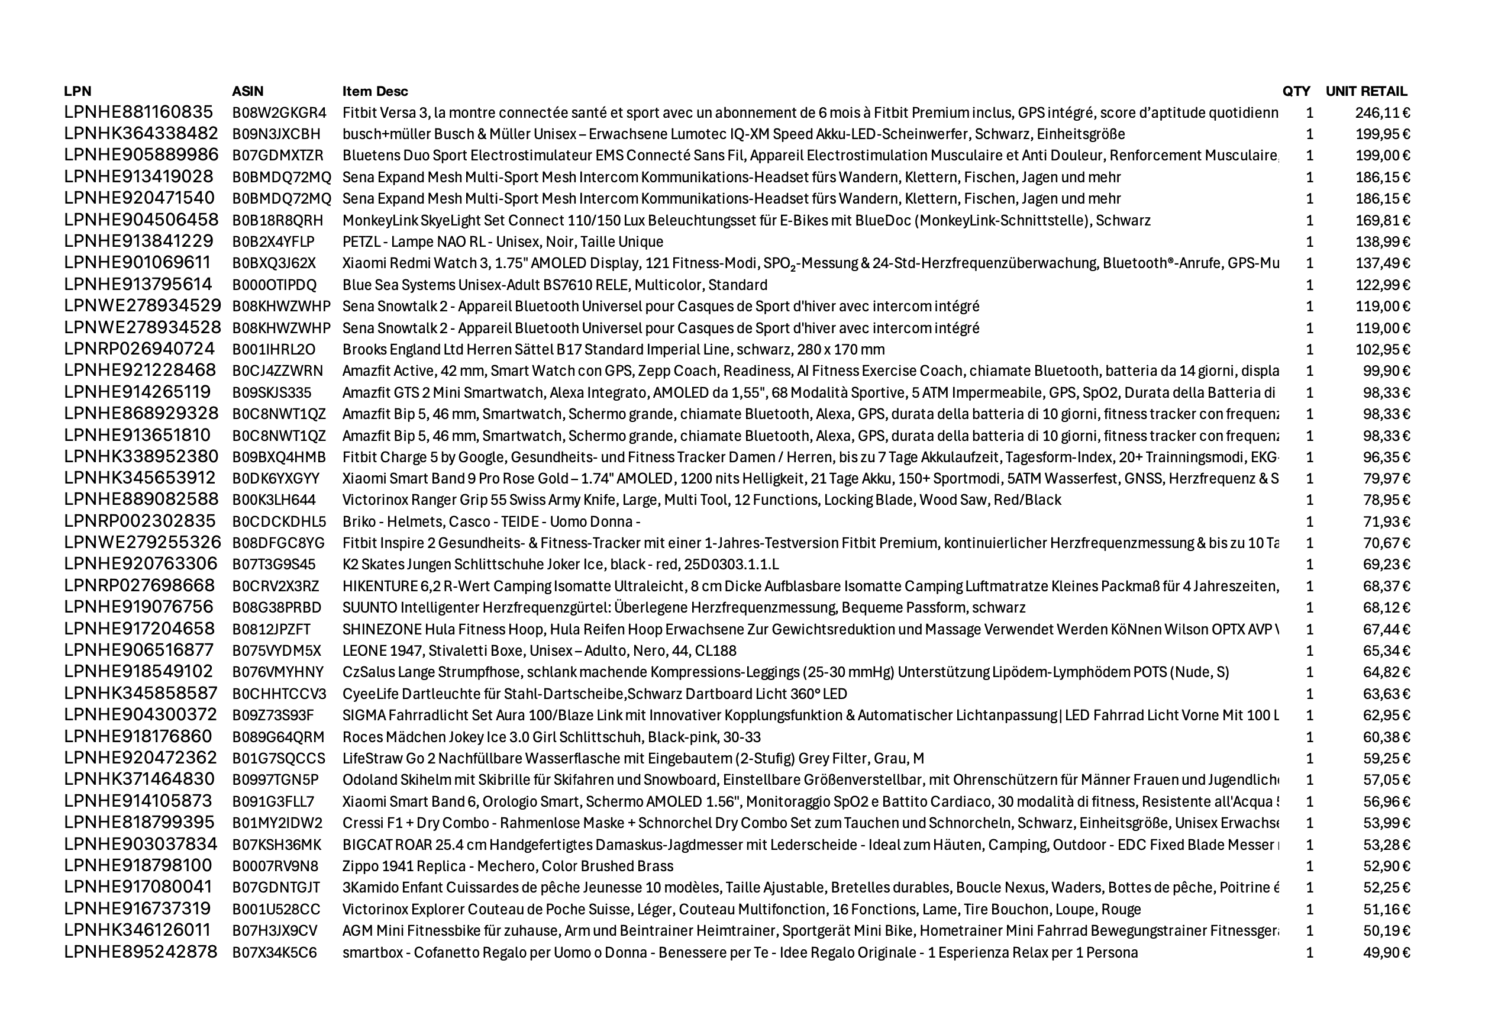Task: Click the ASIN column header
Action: pos(247,91)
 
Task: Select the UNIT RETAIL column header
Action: pos(1365,91)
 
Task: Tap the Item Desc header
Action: pos(374,91)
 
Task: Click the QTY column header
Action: pos(1296,91)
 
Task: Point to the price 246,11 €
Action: pos(1382,113)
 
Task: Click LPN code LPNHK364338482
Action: pos(141,134)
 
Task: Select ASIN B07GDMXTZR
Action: pos(277,156)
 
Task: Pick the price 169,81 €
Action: pos(1382,220)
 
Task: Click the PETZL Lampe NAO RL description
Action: pos(502,242)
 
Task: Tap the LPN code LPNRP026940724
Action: pos(139,349)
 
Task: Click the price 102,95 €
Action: pos(1382,349)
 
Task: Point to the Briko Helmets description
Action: pos(490,522)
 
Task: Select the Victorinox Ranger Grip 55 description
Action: pos(701,500)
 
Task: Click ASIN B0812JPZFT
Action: pos(271,629)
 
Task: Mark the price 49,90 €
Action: pos(1386,953)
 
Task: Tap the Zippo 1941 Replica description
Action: pos(508,866)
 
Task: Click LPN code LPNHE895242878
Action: pos(140,953)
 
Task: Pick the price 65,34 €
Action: pos(1386,651)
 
